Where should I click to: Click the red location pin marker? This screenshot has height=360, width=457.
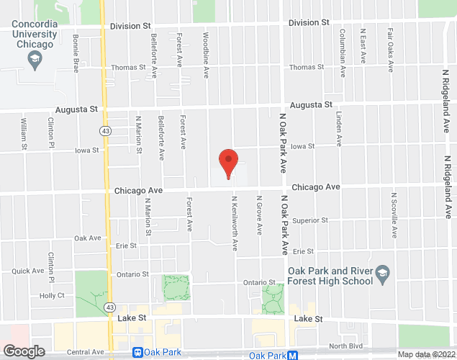pyautogui.click(x=228, y=163)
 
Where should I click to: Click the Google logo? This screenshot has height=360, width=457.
pyautogui.click(x=23, y=351)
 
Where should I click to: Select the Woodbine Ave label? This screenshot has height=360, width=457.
pyautogui.click(x=207, y=45)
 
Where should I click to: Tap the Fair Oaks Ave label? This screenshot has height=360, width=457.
pyautogui.click(x=391, y=50)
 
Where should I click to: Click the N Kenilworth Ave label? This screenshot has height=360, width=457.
pyautogui.click(x=235, y=223)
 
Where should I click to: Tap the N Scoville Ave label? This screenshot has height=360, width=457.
pyautogui.click(x=394, y=214)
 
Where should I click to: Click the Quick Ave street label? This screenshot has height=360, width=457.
pyautogui.click(x=28, y=271)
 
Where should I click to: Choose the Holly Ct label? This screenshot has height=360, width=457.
pyautogui.click(x=53, y=296)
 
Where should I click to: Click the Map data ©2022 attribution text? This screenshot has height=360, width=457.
pyautogui.click(x=425, y=354)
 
